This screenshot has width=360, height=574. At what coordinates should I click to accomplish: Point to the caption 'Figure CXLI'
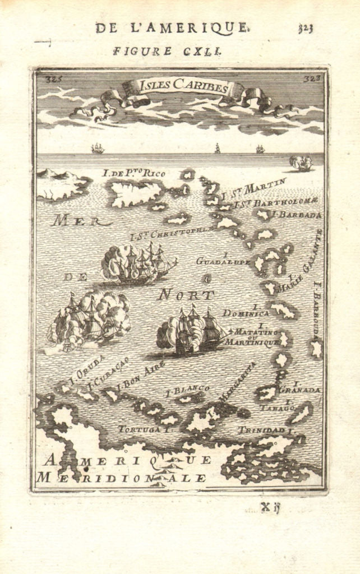click(168, 50)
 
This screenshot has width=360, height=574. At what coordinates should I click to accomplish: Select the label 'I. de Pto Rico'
click(134, 173)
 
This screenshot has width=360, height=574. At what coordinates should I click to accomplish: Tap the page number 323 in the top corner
click(306, 29)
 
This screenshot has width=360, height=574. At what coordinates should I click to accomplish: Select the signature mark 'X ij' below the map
click(271, 508)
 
